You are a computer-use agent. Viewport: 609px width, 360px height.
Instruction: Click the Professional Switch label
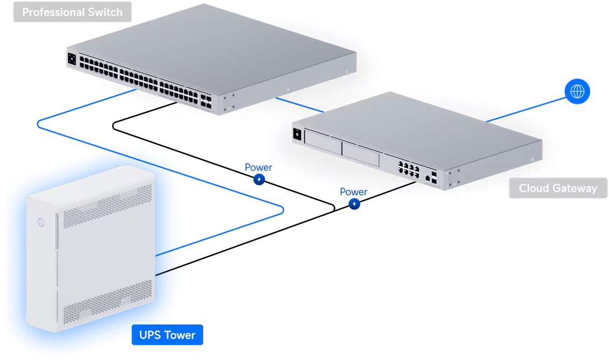point(72,12)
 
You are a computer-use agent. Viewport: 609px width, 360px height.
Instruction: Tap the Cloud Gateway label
point(558,188)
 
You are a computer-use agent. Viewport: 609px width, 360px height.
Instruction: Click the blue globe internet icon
point(577,91)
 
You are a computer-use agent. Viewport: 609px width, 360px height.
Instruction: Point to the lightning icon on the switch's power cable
point(259,179)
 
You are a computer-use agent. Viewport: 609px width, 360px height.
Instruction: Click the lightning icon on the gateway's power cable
point(354,204)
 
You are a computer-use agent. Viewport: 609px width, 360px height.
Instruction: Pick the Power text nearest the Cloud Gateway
point(354,192)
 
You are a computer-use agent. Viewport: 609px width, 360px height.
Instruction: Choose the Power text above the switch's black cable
point(258,167)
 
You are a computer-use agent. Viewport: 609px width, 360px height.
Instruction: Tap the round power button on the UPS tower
point(40,221)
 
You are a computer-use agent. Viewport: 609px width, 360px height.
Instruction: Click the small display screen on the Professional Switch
point(72,59)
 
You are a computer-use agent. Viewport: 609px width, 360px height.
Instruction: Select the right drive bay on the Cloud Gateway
point(360,153)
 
